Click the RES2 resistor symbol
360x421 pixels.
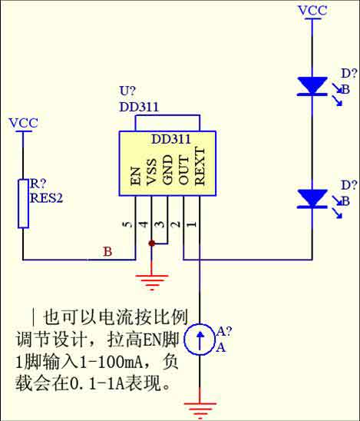click(x=23, y=204)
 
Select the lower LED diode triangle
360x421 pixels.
click(x=312, y=199)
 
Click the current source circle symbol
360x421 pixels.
click(x=200, y=340)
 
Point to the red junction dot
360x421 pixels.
click(x=151, y=244)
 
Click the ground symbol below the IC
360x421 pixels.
click(x=152, y=283)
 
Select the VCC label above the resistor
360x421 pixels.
click(x=23, y=123)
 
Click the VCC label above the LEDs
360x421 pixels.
click(x=312, y=11)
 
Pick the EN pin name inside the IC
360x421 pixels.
click(x=136, y=177)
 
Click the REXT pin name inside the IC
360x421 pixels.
click(x=200, y=166)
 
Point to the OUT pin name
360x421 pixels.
click(x=183, y=171)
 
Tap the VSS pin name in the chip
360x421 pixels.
click(x=151, y=172)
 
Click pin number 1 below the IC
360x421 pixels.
click(x=192, y=224)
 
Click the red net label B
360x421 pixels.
click(x=107, y=251)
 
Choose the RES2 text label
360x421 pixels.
click(x=46, y=198)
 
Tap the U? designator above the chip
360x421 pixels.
click(x=127, y=91)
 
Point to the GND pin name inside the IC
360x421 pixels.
click(x=167, y=171)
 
